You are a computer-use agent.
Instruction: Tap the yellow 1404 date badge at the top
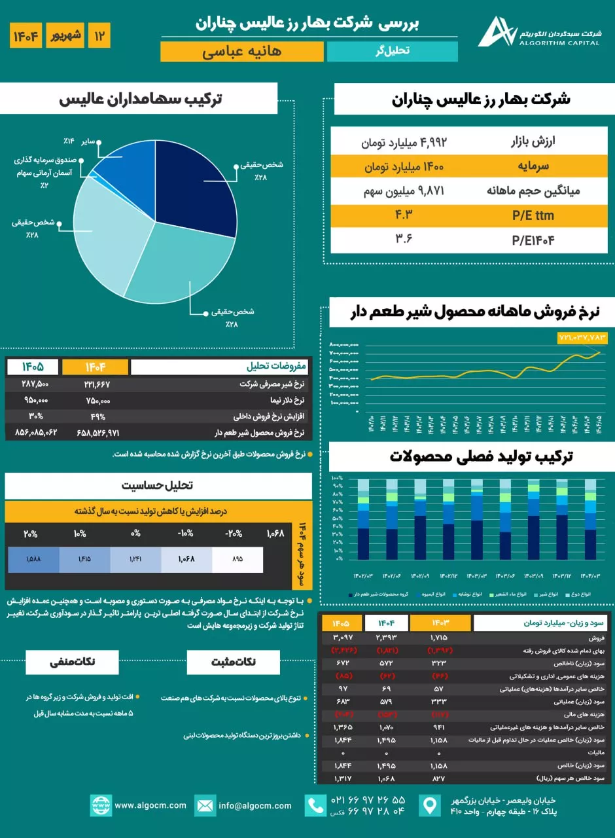click(26, 35)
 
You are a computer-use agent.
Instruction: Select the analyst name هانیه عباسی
click(242, 51)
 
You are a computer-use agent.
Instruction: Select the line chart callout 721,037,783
click(582, 338)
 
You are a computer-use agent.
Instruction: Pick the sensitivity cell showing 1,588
click(33, 560)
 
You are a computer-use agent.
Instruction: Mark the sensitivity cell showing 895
click(237, 560)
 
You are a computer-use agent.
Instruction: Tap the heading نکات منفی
click(73, 661)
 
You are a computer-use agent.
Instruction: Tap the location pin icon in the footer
click(429, 805)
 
